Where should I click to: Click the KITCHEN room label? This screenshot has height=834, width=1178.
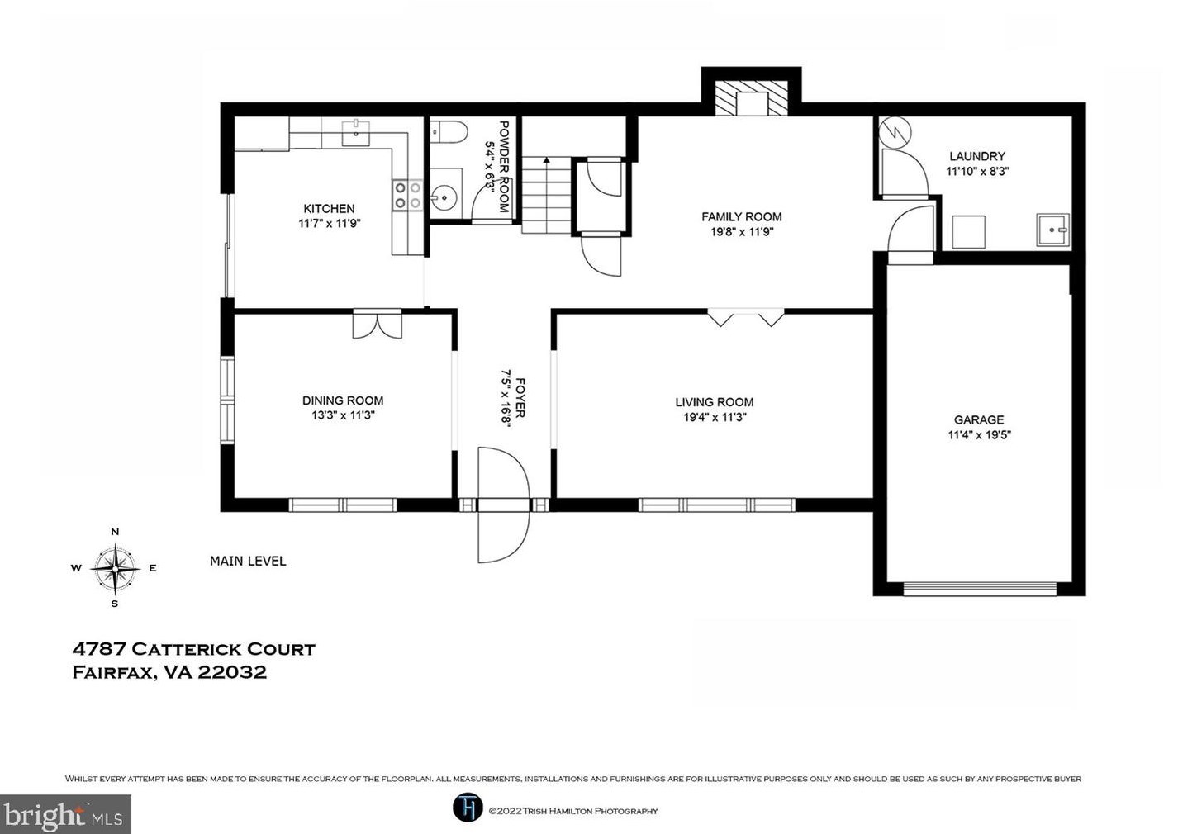(x=330, y=209)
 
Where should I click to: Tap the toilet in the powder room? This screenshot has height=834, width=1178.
(x=449, y=131)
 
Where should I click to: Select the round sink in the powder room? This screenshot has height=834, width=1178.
(x=445, y=197)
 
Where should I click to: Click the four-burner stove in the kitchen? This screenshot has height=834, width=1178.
(x=407, y=196)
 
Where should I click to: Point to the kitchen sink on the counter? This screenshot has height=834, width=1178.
(x=356, y=132)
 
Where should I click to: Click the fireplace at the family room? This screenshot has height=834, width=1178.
(x=752, y=97)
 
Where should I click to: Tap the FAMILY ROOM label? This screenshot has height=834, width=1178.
(x=742, y=216)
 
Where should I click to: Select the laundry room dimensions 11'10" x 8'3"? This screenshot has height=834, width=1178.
(x=977, y=171)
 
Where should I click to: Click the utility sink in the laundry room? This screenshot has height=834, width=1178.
(x=1052, y=230)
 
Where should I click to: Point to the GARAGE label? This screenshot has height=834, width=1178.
(x=979, y=420)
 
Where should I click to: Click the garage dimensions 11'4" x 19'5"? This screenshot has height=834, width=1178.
(x=980, y=435)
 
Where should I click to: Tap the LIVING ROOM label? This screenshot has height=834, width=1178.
(x=715, y=402)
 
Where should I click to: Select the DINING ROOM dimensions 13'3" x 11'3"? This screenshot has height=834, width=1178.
(x=343, y=415)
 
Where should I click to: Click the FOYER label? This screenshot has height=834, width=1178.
(x=520, y=398)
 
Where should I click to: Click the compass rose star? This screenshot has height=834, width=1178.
(x=115, y=568)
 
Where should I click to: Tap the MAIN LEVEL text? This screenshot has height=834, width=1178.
(x=248, y=562)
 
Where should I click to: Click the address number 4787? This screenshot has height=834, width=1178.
(x=99, y=649)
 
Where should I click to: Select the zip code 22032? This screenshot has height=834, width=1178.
(x=232, y=673)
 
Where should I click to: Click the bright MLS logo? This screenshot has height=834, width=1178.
(x=64, y=814)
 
